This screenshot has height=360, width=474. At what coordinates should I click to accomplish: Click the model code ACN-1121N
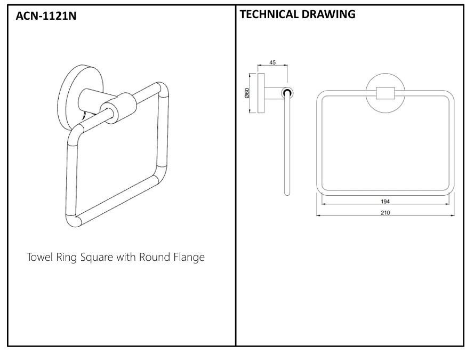click(46, 15)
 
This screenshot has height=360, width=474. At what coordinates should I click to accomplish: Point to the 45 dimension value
click(272, 62)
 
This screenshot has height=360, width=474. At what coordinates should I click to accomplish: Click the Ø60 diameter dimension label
click(247, 93)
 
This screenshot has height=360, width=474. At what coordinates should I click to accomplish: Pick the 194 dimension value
click(385, 201)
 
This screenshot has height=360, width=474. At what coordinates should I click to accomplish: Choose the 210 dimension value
click(385, 213)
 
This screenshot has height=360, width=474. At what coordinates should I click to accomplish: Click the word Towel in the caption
click(39, 257)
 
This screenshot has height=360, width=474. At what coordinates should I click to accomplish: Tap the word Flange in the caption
click(189, 257)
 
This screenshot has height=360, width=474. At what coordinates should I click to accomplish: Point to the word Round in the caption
click(155, 257)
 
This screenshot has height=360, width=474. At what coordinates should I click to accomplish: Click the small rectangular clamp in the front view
click(385, 93)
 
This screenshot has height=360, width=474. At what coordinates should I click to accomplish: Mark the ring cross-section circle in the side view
click(287, 93)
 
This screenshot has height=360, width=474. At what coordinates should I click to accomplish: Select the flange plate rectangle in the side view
click(261, 93)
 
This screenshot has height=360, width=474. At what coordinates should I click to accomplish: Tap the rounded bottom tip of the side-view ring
click(287, 194)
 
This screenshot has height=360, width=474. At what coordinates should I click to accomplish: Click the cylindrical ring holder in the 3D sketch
click(118, 108)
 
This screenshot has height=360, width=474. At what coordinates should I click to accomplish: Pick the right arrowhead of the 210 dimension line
click(453, 215)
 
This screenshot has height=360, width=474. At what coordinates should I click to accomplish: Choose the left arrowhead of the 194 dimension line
click(324, 204)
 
